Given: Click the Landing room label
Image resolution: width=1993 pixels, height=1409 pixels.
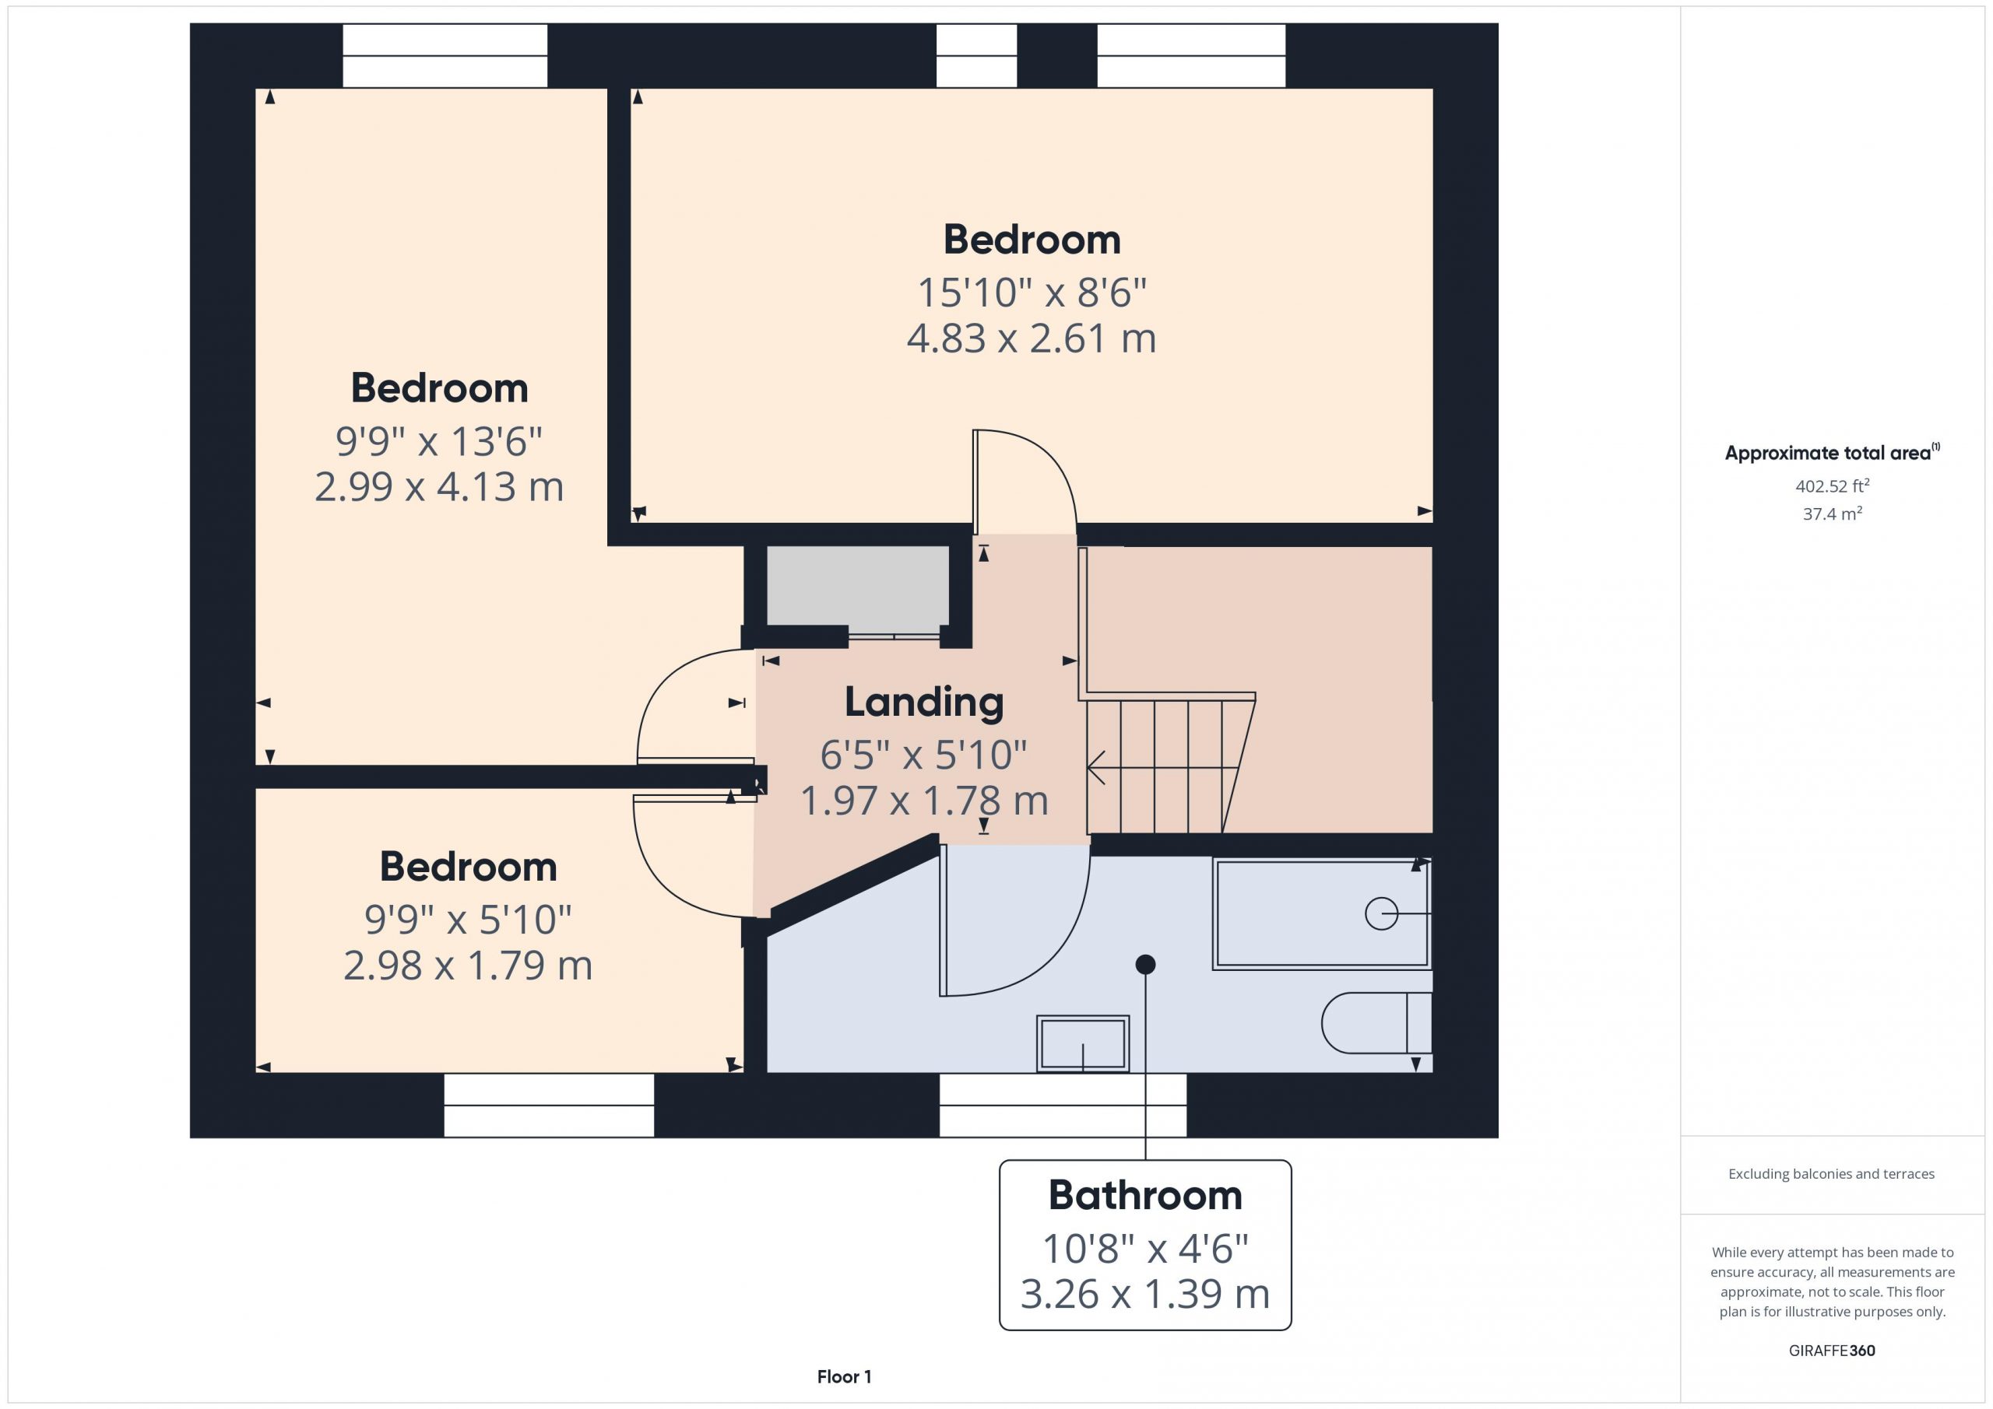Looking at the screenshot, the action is [923, 703].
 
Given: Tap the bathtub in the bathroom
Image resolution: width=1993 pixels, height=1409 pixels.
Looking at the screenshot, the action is [1321, 913].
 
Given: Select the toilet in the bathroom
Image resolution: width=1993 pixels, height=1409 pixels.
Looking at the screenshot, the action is [1376, 1023].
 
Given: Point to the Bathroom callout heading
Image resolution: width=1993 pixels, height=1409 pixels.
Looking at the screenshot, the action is [1145, 1196].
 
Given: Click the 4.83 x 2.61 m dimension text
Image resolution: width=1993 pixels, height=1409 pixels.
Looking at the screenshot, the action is [1032, 338].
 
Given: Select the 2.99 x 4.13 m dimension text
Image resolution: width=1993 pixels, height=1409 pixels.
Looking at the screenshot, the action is [439, 487].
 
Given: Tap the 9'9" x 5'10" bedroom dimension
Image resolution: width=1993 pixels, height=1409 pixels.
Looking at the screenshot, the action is [468, 920].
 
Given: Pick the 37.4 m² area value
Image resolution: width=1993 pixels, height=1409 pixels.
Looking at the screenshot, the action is [1833, 513].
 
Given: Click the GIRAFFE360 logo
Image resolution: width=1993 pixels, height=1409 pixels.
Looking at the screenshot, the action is [1832, 1351].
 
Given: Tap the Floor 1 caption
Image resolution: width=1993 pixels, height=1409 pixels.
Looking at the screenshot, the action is [844, 1377].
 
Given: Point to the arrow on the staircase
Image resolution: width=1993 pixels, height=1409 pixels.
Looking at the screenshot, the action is [1163, 768].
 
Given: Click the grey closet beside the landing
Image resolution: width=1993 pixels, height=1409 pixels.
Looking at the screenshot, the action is [858, 589].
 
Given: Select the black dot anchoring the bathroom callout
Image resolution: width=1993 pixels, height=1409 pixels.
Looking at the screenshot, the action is [1145, 964].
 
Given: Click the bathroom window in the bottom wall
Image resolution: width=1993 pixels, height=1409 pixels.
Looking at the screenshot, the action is [1063, 1106].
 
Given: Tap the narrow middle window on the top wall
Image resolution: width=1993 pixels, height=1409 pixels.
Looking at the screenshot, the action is [976, 55].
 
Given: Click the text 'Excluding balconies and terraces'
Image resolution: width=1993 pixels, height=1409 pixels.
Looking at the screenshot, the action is [1832, 1174].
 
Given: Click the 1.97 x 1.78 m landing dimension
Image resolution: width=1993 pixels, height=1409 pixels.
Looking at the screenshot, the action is [923, 801].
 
